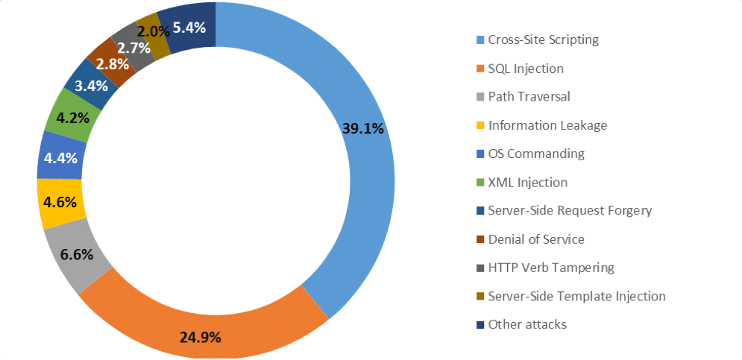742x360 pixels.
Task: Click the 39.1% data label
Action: pyautogui.click(x=363, y=128)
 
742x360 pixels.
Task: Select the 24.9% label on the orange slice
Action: pyautogui.click(x=201, y=337)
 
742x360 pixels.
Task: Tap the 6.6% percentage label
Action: pyautogui.click(x=77, y=254)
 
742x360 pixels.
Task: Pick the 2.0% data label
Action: pyautogui.click(x=154, y=31)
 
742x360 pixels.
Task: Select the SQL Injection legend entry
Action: pyautogui.click(x=526, y=69)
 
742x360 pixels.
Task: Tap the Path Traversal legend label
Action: pyautogui.click(x=529, y=97)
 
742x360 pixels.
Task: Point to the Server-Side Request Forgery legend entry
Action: pyautogui.click(x=570, y=210)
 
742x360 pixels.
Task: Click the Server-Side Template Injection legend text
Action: pyautogui.click(x=576, y=296)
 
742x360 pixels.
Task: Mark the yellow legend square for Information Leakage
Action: pyautogui.click(x=480, y=125)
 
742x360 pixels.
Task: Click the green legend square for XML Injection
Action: pyautogui.click(x=480, y=183)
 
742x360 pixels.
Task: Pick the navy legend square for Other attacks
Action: pyautogui.click(x=480, y=325)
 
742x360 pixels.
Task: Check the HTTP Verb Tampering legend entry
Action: pyautogui.click(x=550, y=268)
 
